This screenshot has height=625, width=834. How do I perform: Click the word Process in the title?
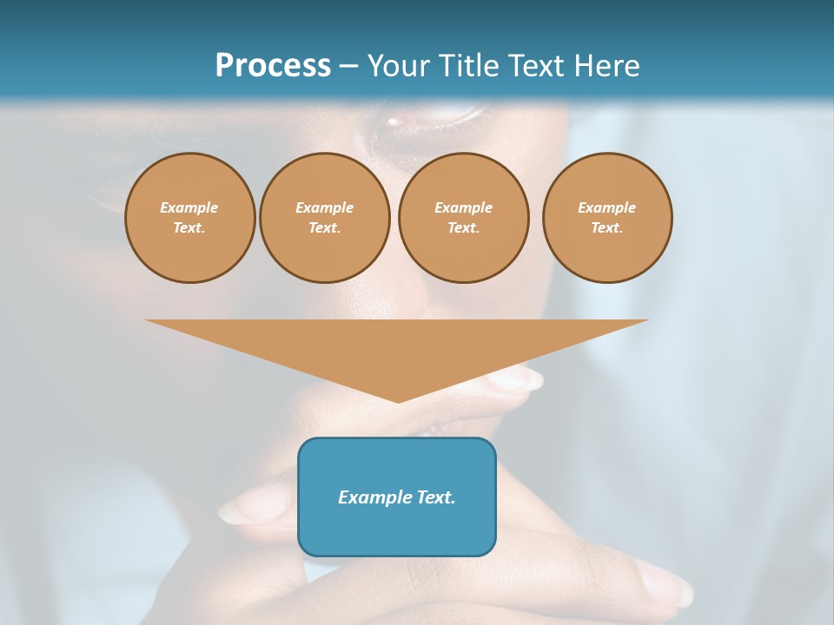[x=273, y=66]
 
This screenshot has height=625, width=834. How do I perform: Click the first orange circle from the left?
[x=189, y=218]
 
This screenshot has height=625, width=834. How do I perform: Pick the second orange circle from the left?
[x=324, y=218]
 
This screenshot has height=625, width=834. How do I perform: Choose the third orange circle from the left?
[x=463, y=218]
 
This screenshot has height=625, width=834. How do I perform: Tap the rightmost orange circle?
[x=606, y=218]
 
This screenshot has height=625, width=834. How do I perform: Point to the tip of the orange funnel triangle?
[x=399, y=400]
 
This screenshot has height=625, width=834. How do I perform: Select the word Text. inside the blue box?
[x=437, y=497]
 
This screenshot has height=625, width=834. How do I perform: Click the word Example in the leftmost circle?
[x=189, y=207]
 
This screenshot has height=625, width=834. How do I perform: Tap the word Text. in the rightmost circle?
[x=606, y=228]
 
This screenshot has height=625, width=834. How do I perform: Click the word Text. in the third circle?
[x=463, y=228]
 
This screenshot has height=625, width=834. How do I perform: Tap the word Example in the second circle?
[x=324, y=207]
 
